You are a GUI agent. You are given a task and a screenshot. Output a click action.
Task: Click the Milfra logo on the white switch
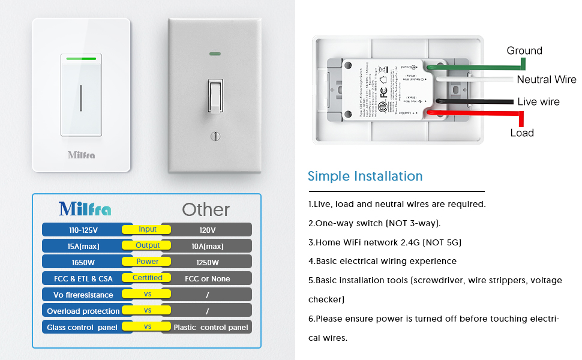click(x=81, y=155)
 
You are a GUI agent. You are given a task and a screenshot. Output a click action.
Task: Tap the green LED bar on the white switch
click(x=81, y=59)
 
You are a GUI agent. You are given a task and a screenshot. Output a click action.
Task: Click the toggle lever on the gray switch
click(x=215, y=95)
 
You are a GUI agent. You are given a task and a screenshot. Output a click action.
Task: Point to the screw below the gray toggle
click(x=215, y=136)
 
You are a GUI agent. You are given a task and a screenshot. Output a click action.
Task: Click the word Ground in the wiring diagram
click(x=524, y=51)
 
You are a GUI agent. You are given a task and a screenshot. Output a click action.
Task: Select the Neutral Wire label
click(x=546, y=79)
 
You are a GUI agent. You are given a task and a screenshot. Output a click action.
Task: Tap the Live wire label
click(x=538, y=102)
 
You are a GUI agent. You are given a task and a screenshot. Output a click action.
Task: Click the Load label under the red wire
click(x=522, y=133)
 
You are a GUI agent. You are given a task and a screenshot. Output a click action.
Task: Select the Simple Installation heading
click(x=365, y=176)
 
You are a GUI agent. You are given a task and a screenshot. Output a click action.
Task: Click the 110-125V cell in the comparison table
click(x=83, y=230)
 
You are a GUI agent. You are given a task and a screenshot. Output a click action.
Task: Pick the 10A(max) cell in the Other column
click(x=207, y=246)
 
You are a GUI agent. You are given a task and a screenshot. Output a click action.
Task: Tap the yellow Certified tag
click(x=148, y=278)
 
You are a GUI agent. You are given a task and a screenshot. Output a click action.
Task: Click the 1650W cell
click(x=83, y=262)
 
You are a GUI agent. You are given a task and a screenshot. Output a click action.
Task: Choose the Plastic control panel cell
click(x=210, y=328)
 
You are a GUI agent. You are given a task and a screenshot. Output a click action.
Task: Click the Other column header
click(x=206, y=209)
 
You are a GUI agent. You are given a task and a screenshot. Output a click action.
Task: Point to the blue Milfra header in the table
click(x=85, y=209)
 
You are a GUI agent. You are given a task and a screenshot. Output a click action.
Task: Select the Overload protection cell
click(x=83, y=311)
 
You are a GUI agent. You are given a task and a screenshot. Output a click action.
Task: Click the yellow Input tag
click(x=148, y=229)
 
